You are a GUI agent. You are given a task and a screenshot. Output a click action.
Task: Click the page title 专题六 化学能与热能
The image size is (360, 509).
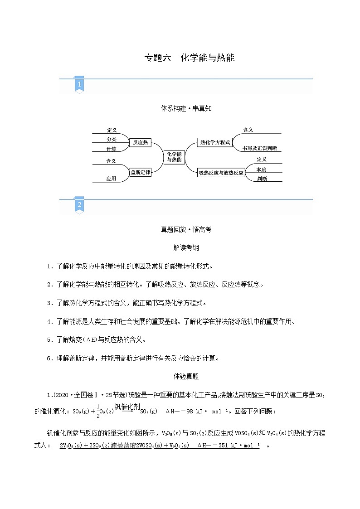coord(189,58)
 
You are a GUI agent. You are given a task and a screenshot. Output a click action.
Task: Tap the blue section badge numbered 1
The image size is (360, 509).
coord(79,85)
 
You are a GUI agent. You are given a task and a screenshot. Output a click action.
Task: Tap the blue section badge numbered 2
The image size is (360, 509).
coord(79,205)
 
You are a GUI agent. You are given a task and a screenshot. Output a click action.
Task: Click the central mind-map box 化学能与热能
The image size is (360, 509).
coord(174,157)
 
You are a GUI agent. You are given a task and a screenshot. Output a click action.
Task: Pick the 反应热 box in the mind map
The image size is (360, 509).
coord(140,142)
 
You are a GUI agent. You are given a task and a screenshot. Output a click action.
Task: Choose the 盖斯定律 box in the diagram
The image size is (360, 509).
coord(140,172)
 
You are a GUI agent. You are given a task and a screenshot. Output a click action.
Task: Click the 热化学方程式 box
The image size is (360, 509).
coord(215,142)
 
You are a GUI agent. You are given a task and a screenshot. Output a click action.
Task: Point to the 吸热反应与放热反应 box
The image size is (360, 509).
coord(221,173)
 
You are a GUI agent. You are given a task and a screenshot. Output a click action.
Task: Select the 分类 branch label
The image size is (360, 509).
coord(112,139)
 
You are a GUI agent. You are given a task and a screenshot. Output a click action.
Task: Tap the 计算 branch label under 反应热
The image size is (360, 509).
coord(112,149)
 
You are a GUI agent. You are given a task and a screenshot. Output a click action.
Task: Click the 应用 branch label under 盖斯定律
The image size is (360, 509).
coord(112,179)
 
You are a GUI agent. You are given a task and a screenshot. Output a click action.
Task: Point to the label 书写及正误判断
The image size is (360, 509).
coord(262,148)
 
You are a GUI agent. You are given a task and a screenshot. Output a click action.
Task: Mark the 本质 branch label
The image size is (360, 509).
coord(261,169)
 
